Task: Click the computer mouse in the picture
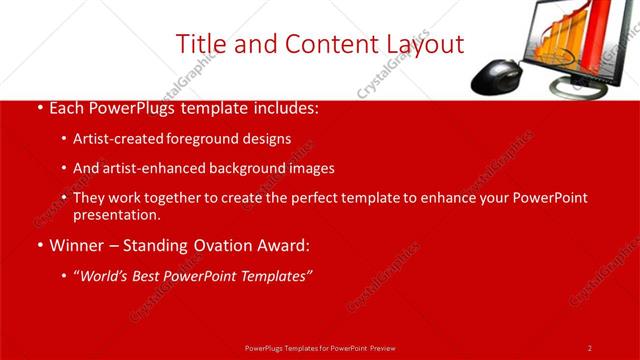[x=496, y=75]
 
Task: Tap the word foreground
[x=193, y=138]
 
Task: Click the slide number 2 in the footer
[x=589, y=347]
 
